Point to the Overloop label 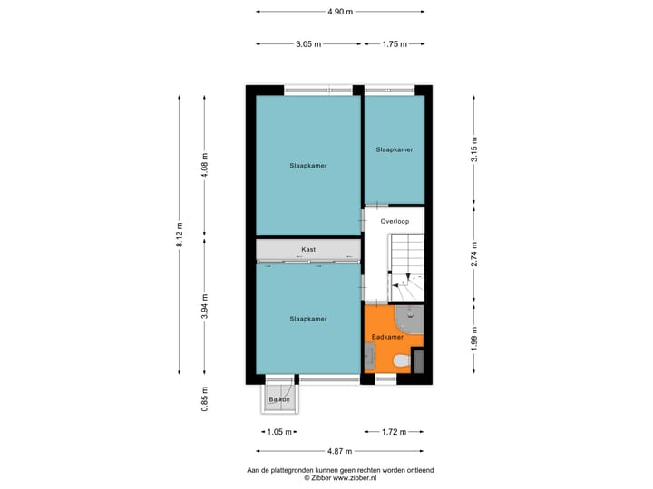point(395,221)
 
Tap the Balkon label point(278,399)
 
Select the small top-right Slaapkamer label point(395,149)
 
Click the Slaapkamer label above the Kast point(308,166)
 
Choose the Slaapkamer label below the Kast point(308,319)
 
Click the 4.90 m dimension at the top point(340,12)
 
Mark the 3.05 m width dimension point(308,43)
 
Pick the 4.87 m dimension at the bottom point(340,450)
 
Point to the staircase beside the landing point(407,267)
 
